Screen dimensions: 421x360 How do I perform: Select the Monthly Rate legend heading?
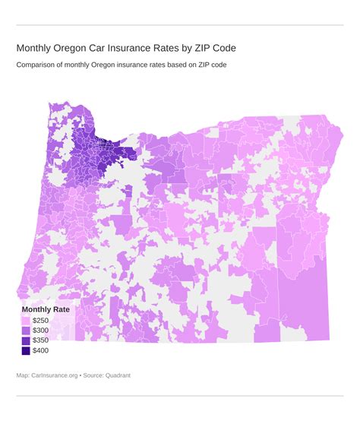[x=46, y=309]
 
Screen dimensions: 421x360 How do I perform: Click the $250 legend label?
[x=41, y=321]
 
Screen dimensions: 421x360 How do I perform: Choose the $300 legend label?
[x=41, y=331]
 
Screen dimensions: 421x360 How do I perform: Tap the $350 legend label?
[x=41, y=340]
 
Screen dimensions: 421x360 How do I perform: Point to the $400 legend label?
[x=41, y=350]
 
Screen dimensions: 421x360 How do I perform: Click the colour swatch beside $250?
[x=26, y=321]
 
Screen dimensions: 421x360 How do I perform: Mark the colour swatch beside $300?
[x=26, y=331]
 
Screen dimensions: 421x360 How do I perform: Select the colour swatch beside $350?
[x=26, y=340]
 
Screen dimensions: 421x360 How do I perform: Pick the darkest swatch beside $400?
[x=26, y=350]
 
